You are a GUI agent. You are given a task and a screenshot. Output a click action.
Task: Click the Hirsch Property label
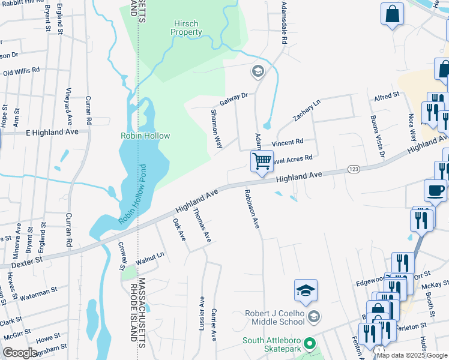(x=185, y=27)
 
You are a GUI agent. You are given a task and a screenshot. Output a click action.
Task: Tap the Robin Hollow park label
(x=145, y=136)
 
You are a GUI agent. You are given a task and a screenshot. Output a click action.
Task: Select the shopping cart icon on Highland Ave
(x=262, y=161)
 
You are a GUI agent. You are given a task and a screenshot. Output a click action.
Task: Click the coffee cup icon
(x=435, y=190)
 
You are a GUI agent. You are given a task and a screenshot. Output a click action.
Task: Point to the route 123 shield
(x=354, y=170)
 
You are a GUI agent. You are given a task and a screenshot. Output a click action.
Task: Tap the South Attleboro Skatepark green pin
(x=310, y=344)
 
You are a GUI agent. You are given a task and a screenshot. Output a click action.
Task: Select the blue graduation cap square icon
(x=306, y=292)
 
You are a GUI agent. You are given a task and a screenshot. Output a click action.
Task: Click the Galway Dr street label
(x=234, y=98)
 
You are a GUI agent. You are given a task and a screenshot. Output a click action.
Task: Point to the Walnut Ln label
(x=150, y=259)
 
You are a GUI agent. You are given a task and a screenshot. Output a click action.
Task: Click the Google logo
(x=20, y=353)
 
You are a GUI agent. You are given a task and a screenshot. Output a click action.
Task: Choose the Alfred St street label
(x=387, y=97)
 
